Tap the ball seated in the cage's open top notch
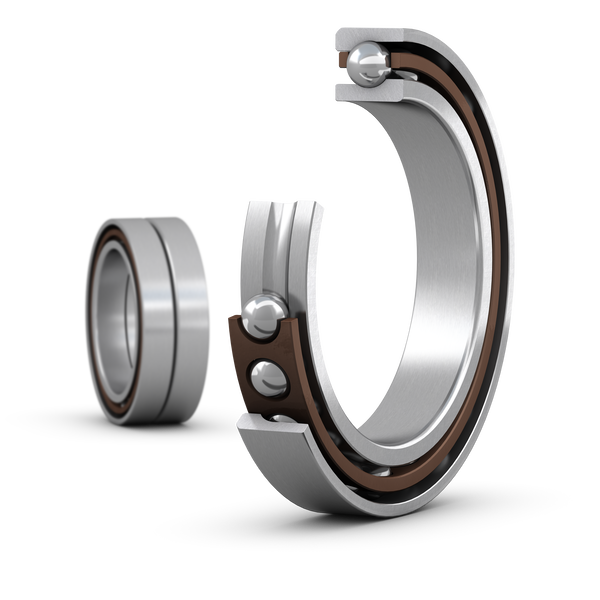click(263, 315)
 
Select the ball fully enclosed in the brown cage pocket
click(267, 379)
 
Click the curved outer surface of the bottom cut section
click(300, 470)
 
